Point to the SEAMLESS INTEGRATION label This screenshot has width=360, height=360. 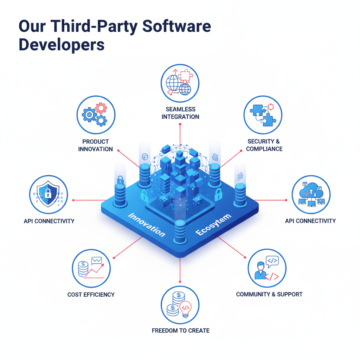point(180,113)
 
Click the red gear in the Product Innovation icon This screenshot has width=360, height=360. point(101,108)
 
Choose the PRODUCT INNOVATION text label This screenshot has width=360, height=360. point(96,145)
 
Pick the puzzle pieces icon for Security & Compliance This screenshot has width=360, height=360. point(263,115)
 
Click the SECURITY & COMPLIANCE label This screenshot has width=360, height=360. point(264,145)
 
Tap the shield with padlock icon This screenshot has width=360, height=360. point(48,195)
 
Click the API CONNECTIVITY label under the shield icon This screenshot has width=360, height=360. point(49,221)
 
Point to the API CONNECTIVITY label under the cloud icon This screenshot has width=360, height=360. point(310,221)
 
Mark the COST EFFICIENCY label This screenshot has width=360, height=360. point(91,295)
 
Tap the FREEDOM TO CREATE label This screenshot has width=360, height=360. point(180,330)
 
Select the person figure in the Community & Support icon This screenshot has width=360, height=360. point(261,270)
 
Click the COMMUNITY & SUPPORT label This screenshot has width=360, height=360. point(269,294)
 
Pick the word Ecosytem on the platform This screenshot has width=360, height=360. point(213,225)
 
